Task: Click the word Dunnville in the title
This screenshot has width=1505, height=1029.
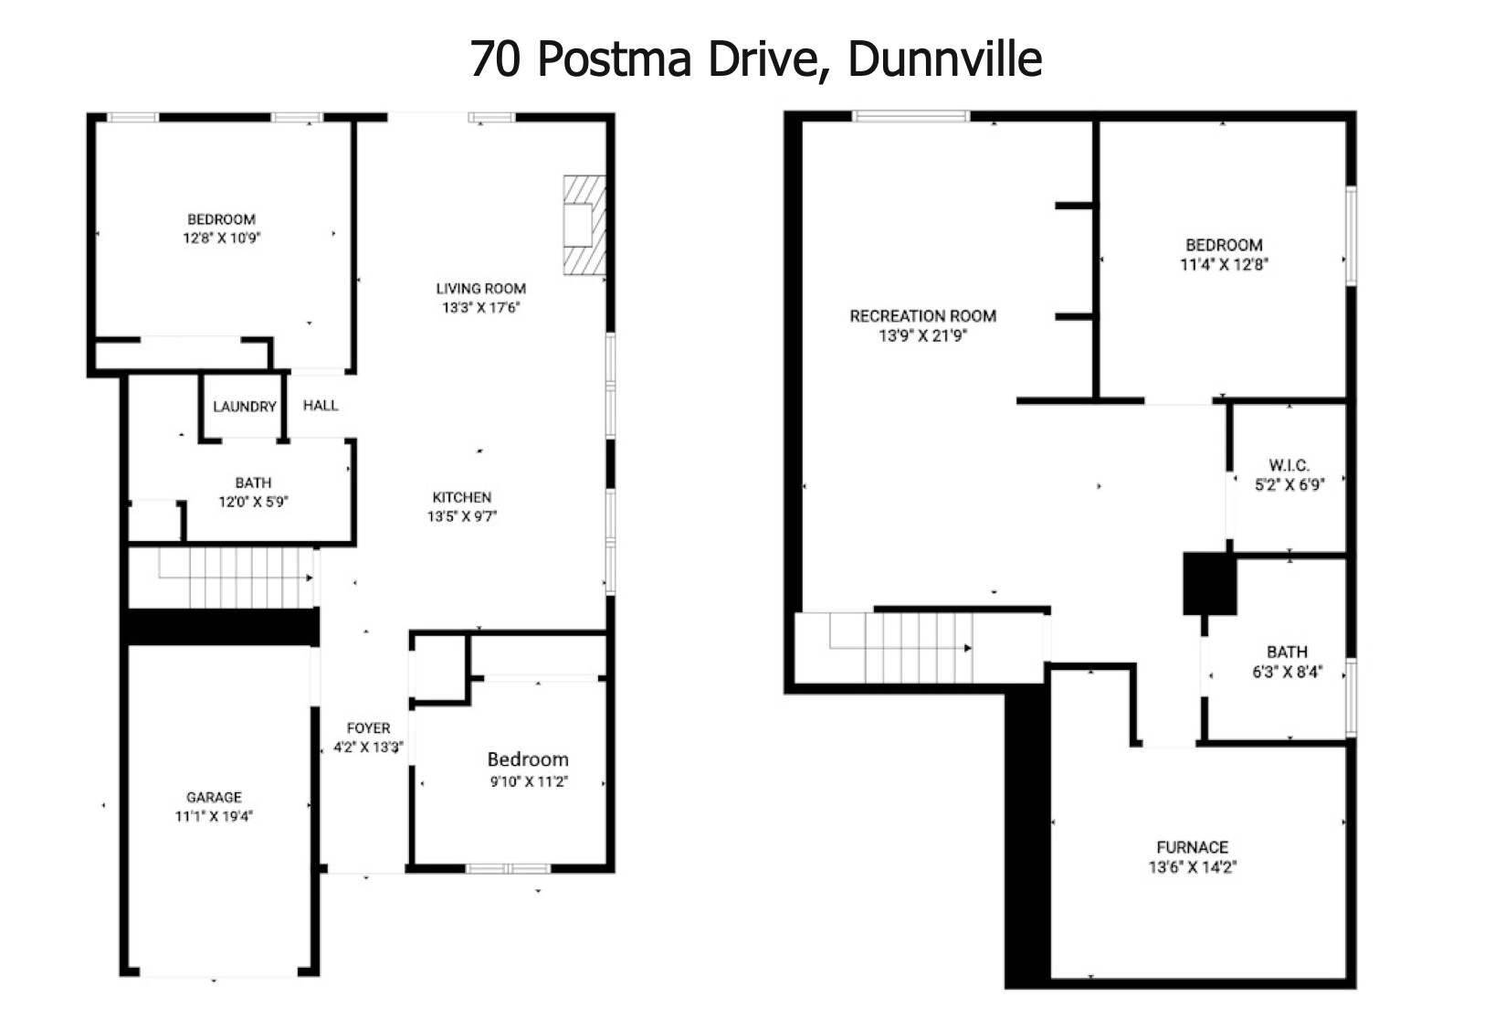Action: point(944,59)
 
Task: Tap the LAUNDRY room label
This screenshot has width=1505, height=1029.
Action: point(245,407)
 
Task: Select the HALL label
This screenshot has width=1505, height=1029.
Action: point(321,406)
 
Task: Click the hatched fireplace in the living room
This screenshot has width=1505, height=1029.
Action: point(584,226)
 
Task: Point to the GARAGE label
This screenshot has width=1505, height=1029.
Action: point(214,797)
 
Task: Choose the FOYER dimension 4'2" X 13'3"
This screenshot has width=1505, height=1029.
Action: point(368,748)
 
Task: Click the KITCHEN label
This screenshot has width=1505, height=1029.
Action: point(461,497)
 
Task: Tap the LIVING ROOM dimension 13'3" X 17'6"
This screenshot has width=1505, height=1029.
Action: point(481,308)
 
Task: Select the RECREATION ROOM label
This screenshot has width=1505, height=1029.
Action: point(923,316)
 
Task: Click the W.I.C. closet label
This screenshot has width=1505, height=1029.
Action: point(1289,465)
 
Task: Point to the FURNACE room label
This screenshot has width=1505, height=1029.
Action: point(1193,847)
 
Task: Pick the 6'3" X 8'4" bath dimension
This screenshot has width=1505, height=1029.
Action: point(1288,672)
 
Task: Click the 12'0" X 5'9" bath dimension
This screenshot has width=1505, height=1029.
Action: point(253,502)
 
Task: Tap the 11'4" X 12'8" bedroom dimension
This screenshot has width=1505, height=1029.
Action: point(1224,265)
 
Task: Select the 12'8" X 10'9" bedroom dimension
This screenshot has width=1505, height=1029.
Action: point(222,239)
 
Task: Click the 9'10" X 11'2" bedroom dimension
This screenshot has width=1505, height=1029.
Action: point(530,781)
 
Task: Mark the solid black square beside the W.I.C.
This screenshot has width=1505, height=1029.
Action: point(1209,584)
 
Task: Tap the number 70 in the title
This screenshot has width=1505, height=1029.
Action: point(495,59)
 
